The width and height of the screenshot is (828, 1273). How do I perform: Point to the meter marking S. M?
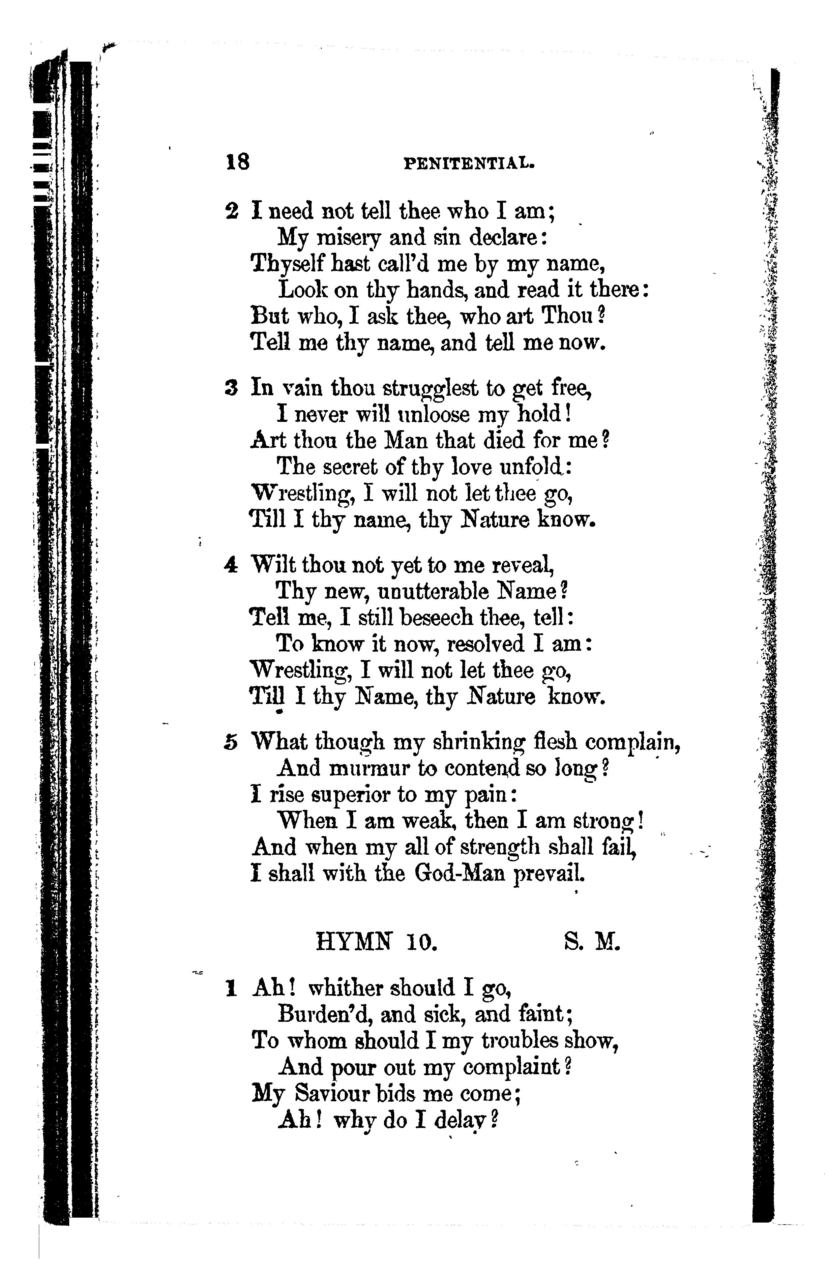592,956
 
